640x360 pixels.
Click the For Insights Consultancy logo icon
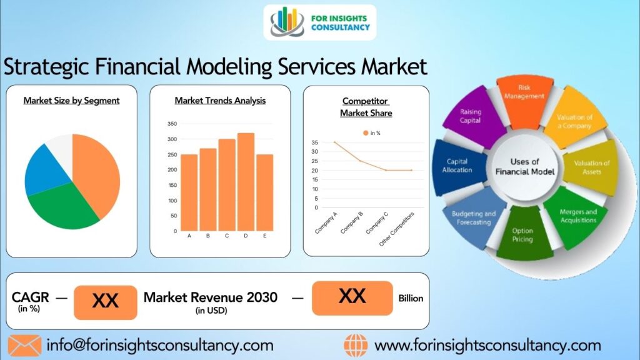[x=287, y=21]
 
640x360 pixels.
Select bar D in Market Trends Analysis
[x=246, y=181]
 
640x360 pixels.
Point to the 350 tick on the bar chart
[x=172, y=124]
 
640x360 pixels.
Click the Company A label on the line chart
[x=327, y=222]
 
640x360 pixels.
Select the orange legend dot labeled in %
[x=365, y=133]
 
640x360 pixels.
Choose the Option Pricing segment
[x=522, y=236]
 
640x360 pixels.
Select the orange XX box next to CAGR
[x=105, y=302]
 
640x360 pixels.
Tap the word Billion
[x=411, y=298]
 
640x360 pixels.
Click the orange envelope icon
[x=24, y=345]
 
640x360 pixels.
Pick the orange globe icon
[x=356, y=345]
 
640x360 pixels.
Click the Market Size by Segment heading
[x=71, y=100]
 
